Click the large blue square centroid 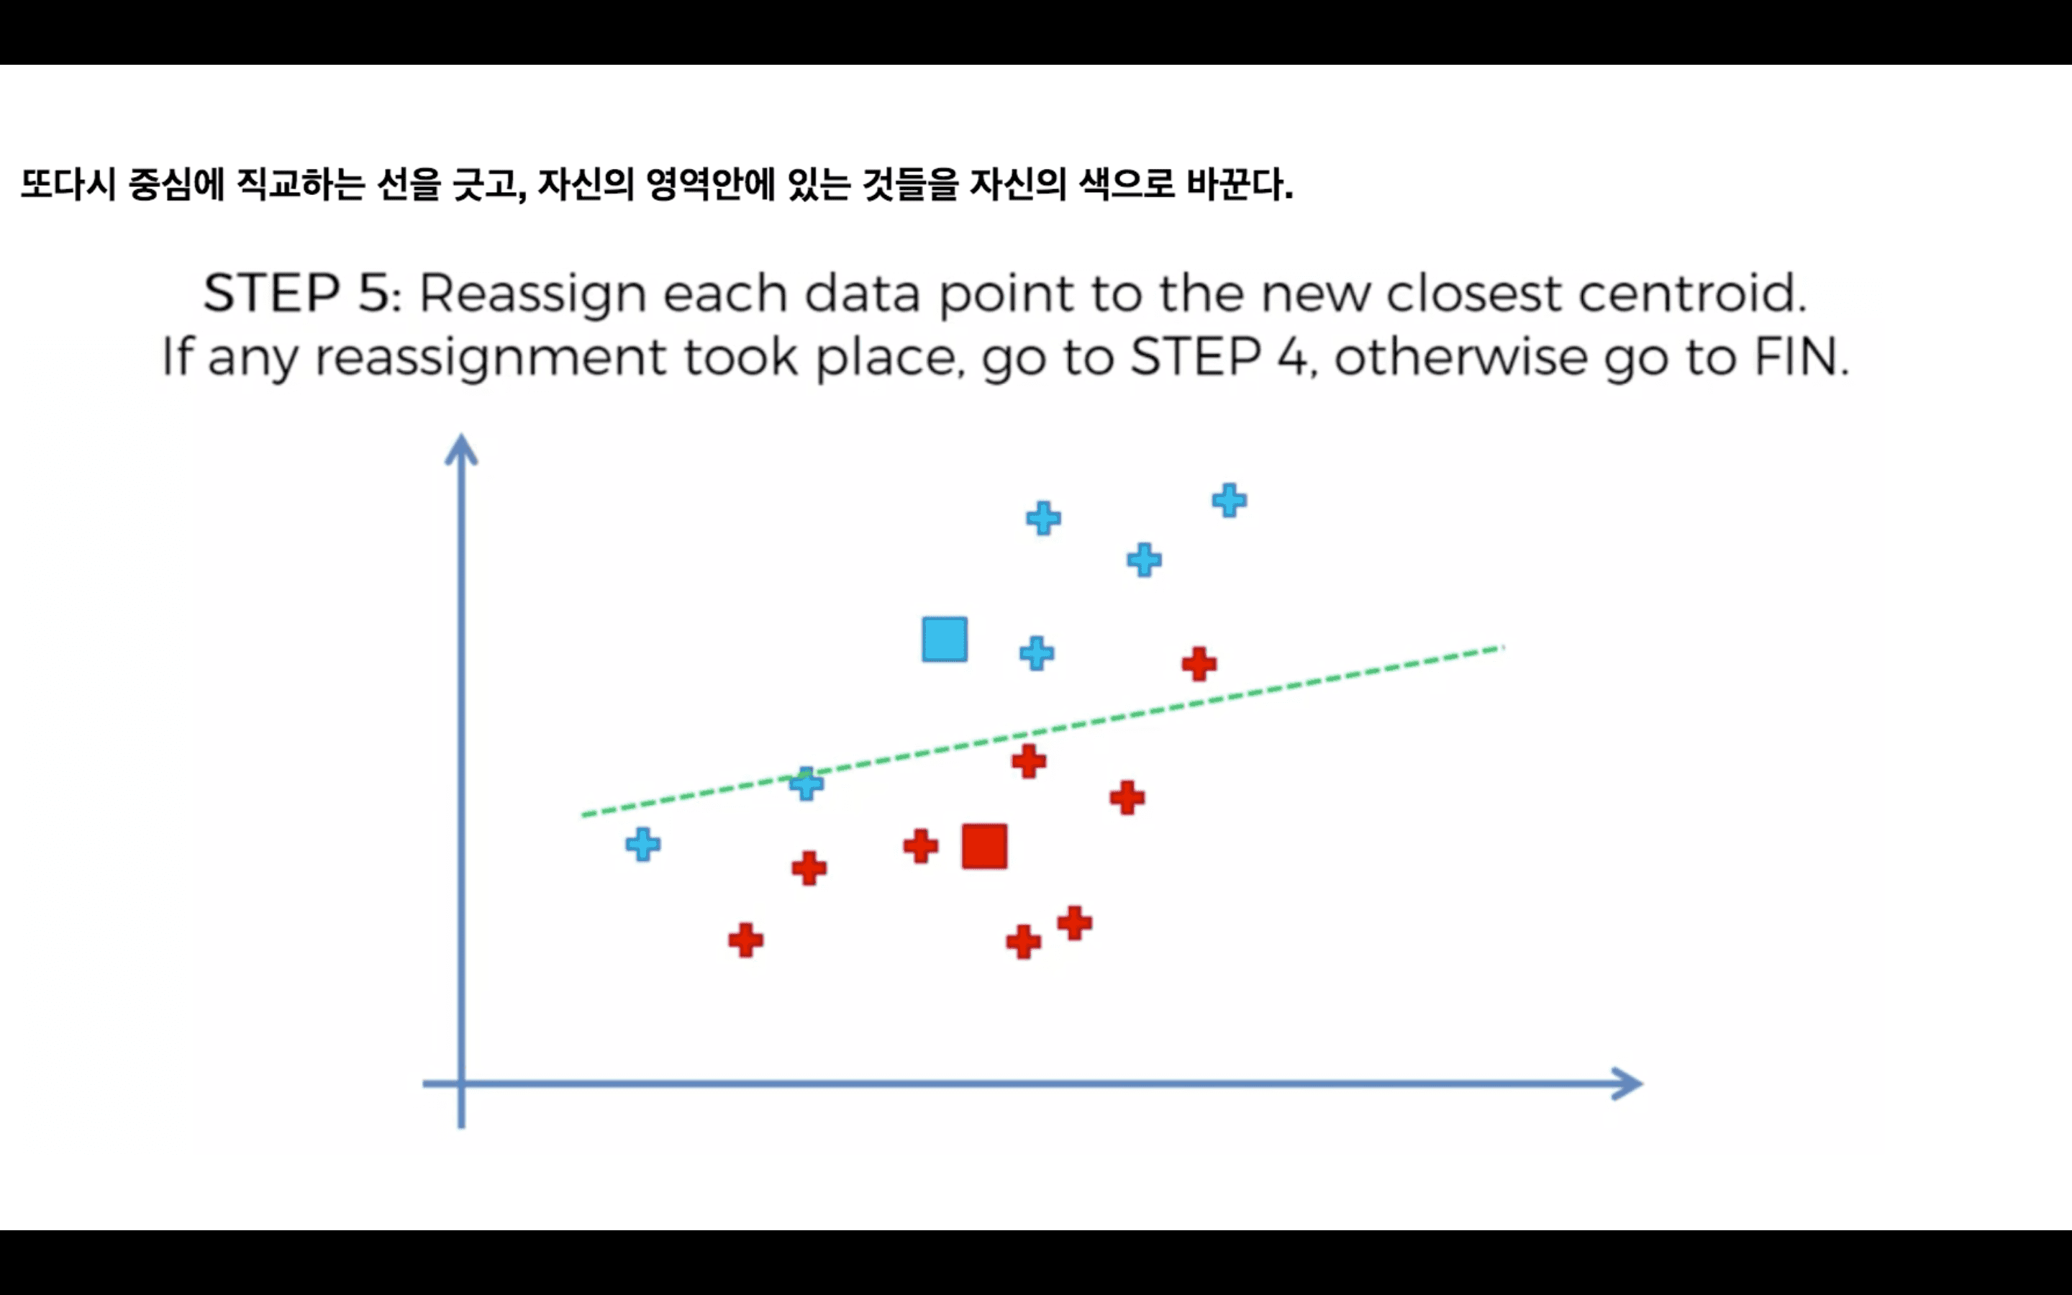[945, 639]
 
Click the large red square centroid [983, 846]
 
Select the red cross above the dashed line [1199, 664]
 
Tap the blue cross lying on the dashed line [806, 783]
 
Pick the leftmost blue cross [643, 845]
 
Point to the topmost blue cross [1230, 500]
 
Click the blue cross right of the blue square [1037, 653]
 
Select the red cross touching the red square [920, 846]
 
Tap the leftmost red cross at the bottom [746, 940]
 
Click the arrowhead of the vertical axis [460, 450]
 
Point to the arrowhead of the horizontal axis [1627, 1083]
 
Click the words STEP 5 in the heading [300, 293]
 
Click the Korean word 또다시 [68, 184]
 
